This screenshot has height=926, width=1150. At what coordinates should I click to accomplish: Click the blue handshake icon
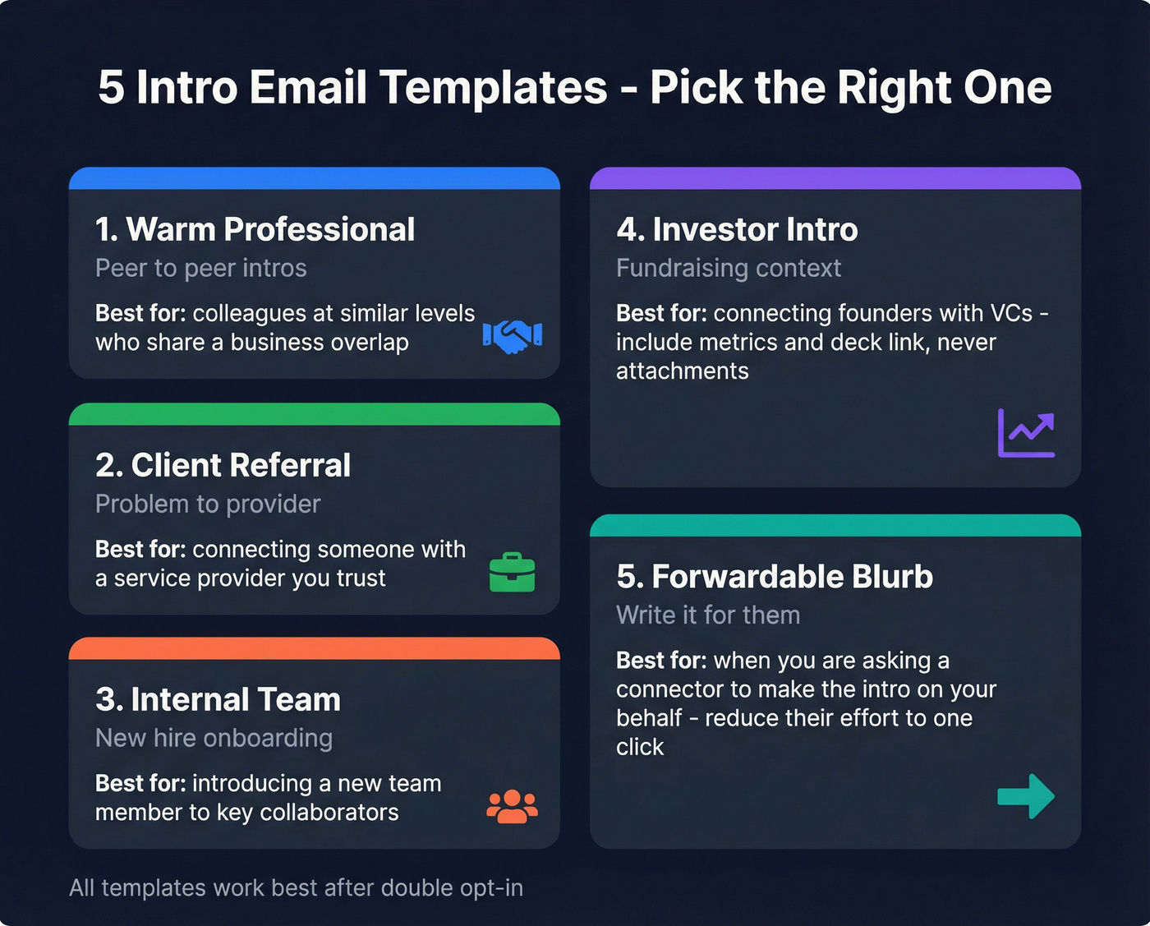[513, 335]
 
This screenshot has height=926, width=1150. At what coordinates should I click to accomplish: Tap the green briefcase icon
[513, 572]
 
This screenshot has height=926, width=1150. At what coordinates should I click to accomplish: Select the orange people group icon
[512, 806]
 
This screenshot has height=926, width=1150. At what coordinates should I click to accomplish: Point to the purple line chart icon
[1026, 433]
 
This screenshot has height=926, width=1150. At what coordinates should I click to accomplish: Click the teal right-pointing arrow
[1026, 795]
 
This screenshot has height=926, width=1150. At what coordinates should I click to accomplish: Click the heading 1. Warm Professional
[255, 229]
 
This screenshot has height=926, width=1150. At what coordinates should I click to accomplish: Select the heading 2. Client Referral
[223, 465]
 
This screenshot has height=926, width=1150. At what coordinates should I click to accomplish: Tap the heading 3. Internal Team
[218, 699]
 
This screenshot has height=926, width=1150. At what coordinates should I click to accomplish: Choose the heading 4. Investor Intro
[737, 229]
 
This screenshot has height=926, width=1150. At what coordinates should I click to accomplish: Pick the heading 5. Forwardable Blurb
[775, 577]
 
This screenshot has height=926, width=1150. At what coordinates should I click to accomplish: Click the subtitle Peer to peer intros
[200, 268]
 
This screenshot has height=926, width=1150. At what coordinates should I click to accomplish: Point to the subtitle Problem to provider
[208, 504]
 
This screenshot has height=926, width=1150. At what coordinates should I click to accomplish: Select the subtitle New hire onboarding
[214, 738]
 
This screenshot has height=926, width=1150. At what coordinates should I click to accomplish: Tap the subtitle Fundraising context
[729, 268]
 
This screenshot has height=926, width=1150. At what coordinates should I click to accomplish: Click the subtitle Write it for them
[708, 615]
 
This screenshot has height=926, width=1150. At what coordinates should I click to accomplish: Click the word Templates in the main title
[493, 87]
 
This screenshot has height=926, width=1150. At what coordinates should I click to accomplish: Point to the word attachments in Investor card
[682, 371]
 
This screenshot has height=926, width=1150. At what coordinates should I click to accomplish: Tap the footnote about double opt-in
[296, 887]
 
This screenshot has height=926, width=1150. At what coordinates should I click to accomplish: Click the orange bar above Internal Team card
[314, 648]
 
